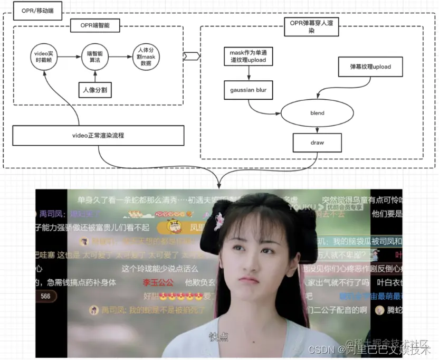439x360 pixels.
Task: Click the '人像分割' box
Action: coord(96,90)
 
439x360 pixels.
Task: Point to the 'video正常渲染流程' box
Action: coord(98,136)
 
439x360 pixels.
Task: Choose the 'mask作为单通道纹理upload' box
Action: coord(248,56)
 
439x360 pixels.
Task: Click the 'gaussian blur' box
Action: coord(248,90)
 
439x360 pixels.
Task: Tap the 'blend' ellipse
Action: coord(317,113)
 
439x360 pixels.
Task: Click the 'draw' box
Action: coord(317,143)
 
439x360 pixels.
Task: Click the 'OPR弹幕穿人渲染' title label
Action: coord(311,27)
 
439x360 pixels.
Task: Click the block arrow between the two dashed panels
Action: coord(191,56)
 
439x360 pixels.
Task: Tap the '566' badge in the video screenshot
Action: coord(46,297)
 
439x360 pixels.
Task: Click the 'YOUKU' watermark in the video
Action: coord(302,207)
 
